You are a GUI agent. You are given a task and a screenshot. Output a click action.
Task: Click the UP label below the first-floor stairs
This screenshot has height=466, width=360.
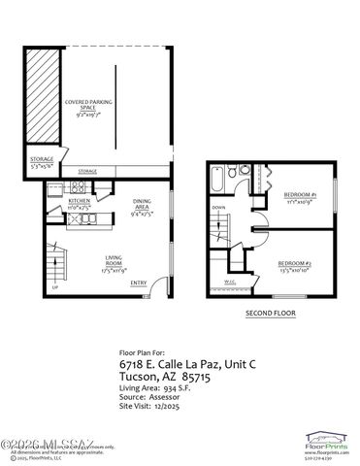click(x=55, y=288)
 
